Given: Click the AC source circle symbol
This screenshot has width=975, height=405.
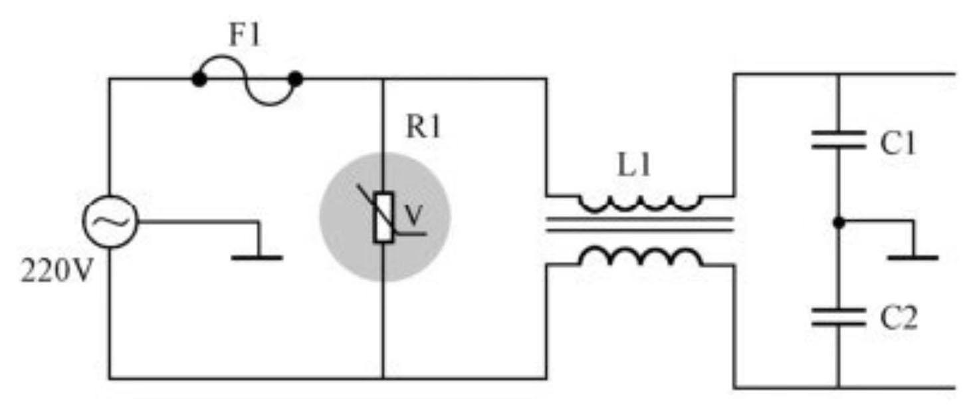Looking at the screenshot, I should (x=110, y=222).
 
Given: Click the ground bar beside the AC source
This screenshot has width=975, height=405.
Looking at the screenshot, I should (x=257, y=257).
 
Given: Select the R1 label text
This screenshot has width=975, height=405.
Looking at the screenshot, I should (x=423, y=128).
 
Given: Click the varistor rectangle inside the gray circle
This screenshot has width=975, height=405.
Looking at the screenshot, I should (x=384, y=217).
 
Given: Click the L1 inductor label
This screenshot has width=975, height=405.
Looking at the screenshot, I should (x=635, y=167).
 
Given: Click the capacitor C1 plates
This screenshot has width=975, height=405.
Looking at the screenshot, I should (x=838, y=140).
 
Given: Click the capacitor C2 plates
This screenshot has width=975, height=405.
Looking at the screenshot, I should (x=838, y=317).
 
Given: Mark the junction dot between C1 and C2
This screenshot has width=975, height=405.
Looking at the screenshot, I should (x=838, y=222).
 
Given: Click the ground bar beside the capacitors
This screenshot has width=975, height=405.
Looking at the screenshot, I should (x=913, y=257).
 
